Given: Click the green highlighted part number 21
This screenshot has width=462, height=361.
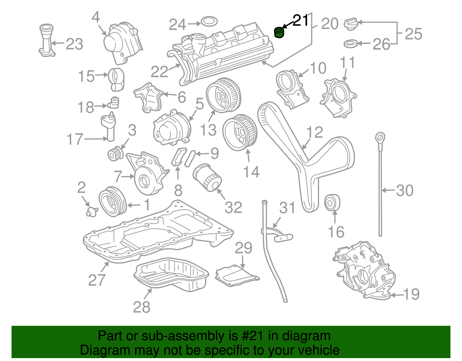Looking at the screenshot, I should (279, 32).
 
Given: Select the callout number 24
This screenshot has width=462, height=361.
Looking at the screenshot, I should (177, 25).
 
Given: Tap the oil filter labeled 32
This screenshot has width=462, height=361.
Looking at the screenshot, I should (206, 177).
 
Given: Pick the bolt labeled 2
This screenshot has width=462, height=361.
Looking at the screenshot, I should (91, 212).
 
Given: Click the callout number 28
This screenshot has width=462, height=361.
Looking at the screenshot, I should (141, 307).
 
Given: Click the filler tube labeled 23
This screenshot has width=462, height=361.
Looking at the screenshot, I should (46, 41).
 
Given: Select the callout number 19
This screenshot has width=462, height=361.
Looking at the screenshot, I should (411, 294).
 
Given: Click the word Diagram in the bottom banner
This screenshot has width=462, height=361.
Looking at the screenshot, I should (105, 350).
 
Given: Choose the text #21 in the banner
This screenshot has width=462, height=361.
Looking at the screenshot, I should (251, 336).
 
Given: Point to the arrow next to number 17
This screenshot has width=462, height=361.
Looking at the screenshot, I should (95, 139).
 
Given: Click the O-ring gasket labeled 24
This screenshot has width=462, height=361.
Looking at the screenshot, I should (209, 21).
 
